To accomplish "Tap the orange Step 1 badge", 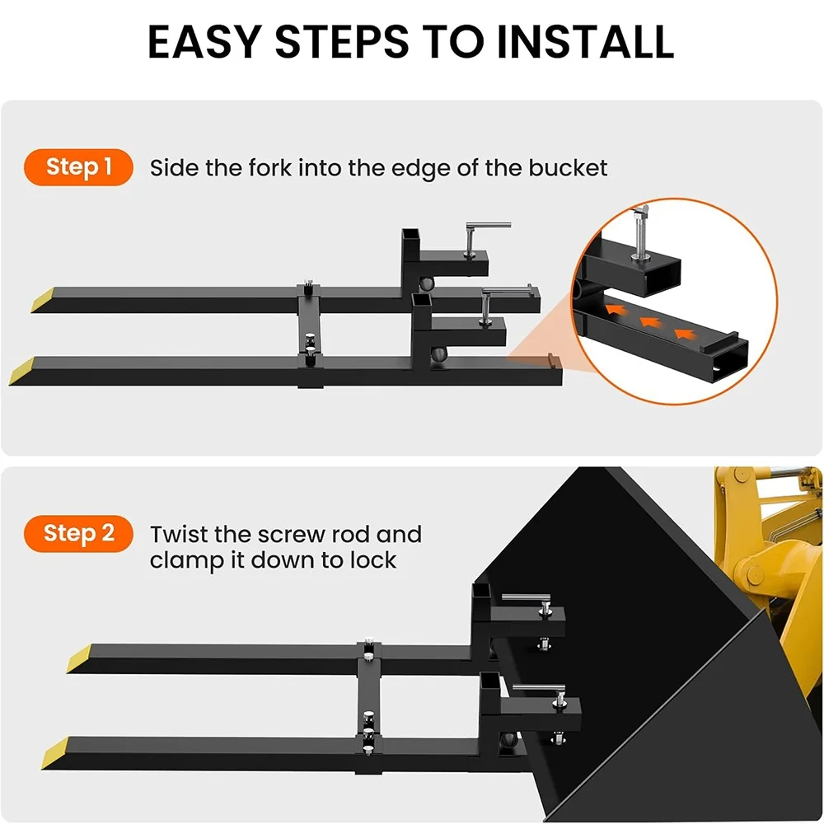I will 79,167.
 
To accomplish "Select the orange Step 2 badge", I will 79,534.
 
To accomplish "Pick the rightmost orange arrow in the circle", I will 681,333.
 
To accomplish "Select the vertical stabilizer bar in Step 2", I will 368,700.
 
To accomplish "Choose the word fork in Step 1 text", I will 269,168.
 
